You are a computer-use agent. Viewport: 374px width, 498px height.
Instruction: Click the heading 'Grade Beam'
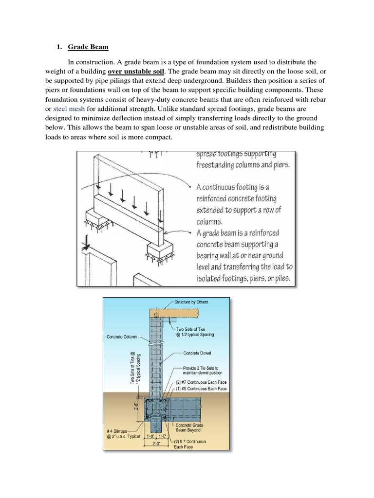(88, 47)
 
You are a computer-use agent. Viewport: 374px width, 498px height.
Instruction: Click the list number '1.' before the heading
(60, 47)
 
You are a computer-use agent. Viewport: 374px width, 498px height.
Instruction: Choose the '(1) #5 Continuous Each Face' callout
(199, 389)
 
